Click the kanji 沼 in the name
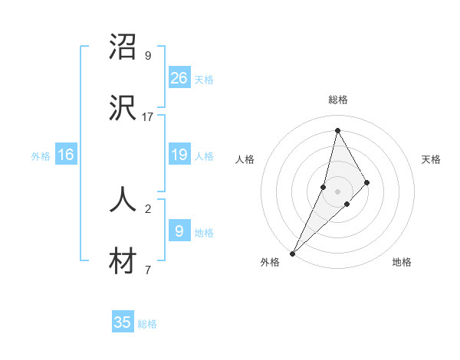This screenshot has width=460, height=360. pos(123,47)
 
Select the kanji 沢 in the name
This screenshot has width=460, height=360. pos(123,109)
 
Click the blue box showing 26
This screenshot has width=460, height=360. pos(179,77)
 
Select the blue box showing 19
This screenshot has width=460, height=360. pos(179,155)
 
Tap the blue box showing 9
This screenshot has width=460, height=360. pos(179,231)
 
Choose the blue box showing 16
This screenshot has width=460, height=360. pos(66,155)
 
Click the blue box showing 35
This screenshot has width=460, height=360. pos(123,322)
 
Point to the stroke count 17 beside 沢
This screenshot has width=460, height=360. pos(148,117)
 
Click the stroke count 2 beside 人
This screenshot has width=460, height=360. pos(148,208)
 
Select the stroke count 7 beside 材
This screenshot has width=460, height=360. pos(148,270)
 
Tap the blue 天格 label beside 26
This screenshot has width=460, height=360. pos(204,79)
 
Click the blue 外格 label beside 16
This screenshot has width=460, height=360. pos(41,156)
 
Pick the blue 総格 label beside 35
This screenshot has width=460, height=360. pos(147,324)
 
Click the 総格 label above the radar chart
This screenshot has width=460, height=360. pos(338,100)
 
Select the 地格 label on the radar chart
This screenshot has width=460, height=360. pos(402,262)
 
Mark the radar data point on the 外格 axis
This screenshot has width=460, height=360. pos(292,253)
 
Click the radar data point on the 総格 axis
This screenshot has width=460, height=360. pos(337,130)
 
